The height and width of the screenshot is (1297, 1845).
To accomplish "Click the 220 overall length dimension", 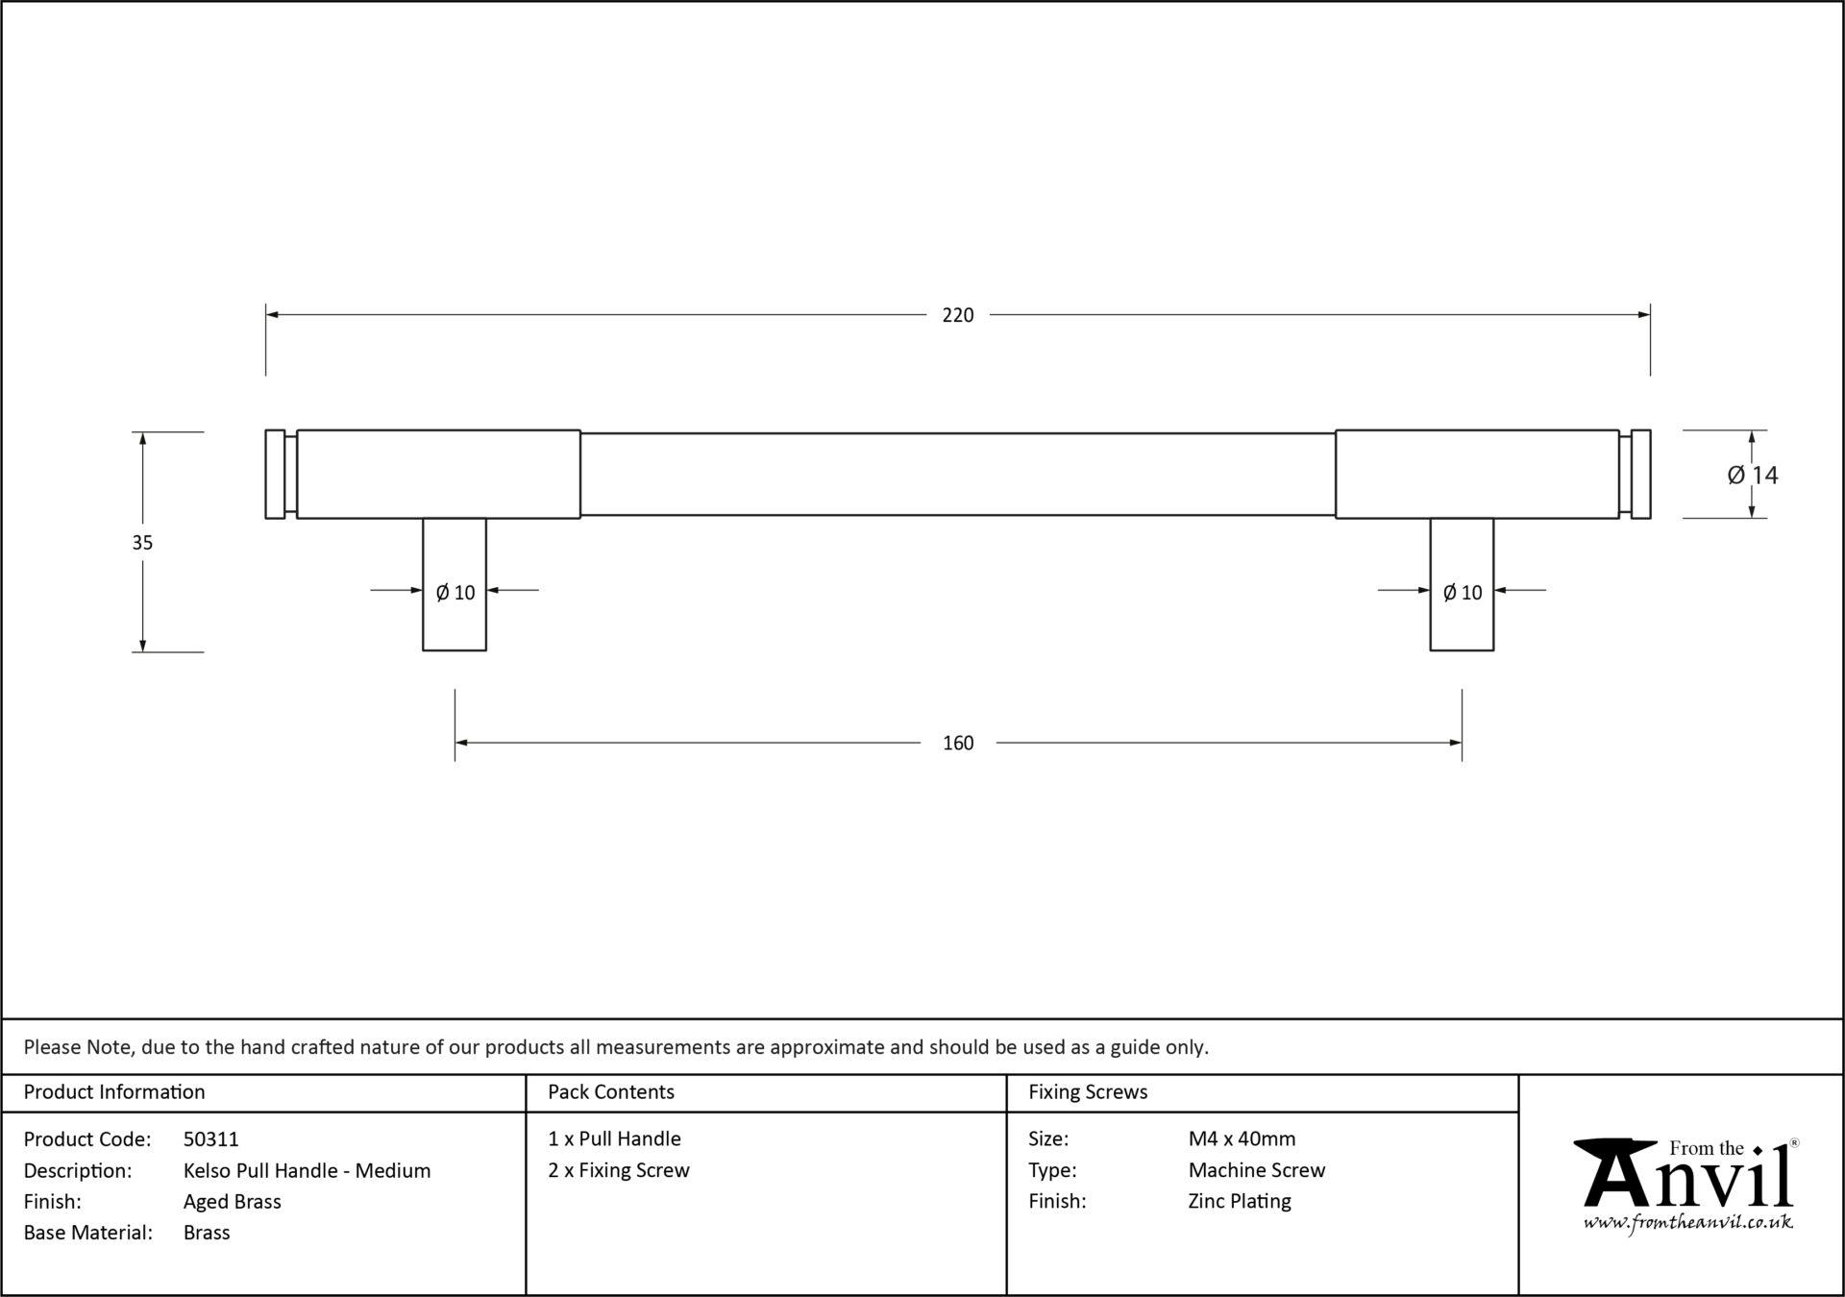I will point(957,315).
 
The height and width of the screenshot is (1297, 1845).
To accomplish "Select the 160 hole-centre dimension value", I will point(957,743).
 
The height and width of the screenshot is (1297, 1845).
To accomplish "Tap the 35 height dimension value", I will point(142,543).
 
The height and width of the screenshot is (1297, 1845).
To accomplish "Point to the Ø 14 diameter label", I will point(1752,475).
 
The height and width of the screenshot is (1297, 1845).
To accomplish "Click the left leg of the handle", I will point(455,615).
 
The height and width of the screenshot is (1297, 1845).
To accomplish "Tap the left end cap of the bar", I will point(275,475).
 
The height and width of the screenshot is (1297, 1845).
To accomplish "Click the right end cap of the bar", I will point(1640,475).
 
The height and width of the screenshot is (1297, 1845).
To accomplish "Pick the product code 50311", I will point(211,1139).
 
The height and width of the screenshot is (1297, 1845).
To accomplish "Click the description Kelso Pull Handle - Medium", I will point(307,1170).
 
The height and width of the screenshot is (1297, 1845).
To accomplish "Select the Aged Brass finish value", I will point(233,1201).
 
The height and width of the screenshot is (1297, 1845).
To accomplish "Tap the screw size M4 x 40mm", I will point(1242,1139).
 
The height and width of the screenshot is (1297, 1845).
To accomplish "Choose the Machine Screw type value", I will point(1256,1170).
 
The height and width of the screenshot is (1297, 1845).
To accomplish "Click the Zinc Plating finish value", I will point(1240,1201).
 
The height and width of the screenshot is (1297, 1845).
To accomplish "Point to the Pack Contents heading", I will point(611,1092).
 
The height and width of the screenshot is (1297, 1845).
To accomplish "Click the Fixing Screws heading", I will point(1088,1092).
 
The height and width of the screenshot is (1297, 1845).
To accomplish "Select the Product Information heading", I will point(114,1092).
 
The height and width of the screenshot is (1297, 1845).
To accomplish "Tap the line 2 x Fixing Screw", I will point(619,1170).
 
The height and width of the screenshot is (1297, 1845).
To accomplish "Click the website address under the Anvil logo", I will point(1687,1223).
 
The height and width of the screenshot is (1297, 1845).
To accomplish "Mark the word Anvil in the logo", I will point(1688,1177).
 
